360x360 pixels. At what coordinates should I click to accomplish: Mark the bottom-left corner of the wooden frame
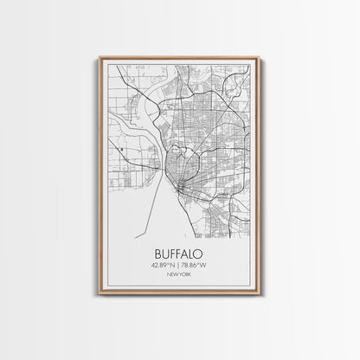(x=100, y=302)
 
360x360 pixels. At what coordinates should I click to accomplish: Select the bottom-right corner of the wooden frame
(x=260, y=302)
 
